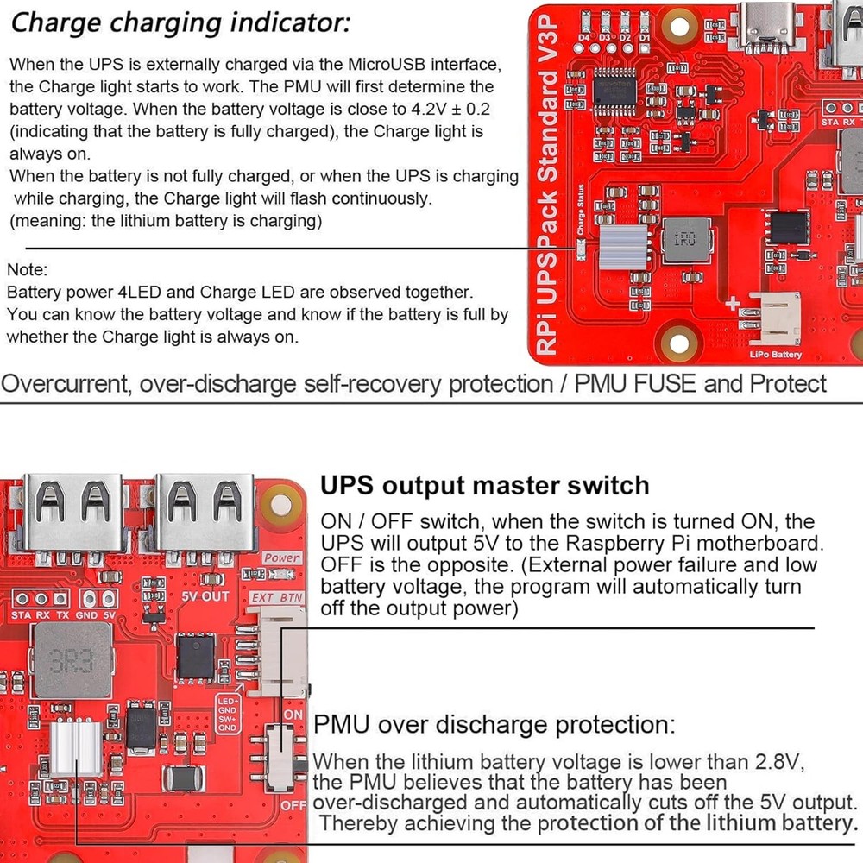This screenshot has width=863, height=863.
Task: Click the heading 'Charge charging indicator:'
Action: (180, 22)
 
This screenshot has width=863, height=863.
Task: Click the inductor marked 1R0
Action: (683, 239)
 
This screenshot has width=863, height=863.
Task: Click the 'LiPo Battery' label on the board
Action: (775, 354)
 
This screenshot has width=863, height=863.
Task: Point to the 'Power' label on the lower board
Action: (282, 558)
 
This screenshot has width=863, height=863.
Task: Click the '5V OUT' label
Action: (205, 596)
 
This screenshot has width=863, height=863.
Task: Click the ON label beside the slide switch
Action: (293, 715)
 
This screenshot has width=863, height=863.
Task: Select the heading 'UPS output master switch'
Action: (484, 485)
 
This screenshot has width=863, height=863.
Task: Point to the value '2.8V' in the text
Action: (775, 763)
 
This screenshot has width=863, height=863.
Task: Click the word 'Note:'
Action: (28, 271)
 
